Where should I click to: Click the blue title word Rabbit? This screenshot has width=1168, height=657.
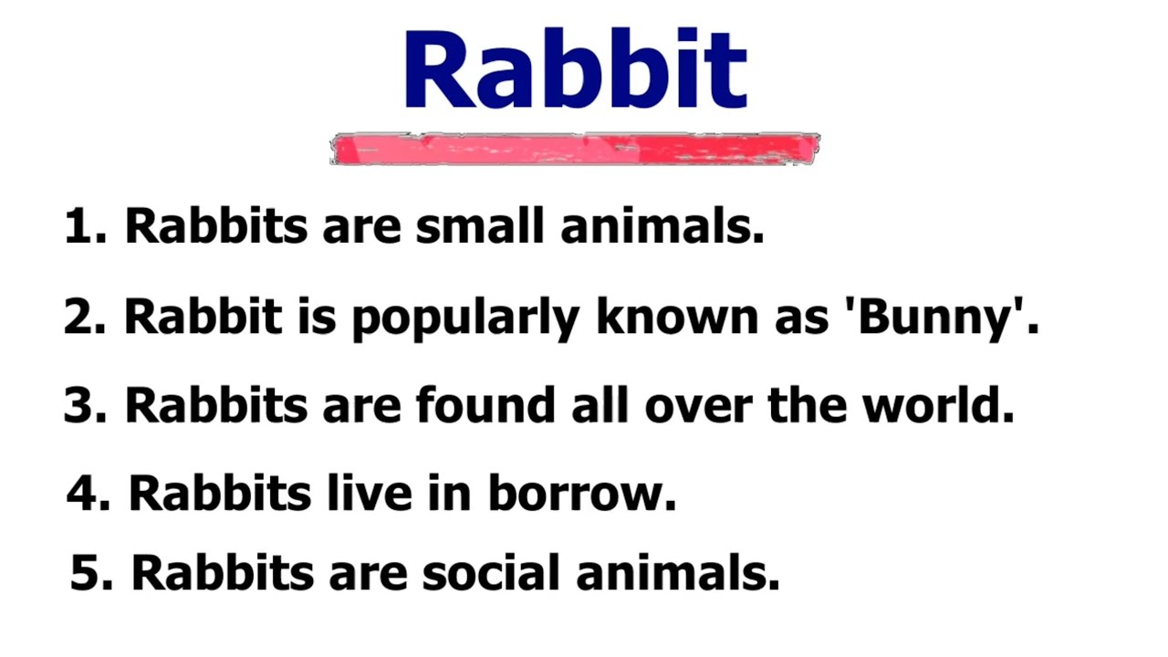(x=575, y=71)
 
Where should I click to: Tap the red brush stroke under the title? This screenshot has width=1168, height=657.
(x=575, y=149)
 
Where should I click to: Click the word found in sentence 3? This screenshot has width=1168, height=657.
(x=485, y=405)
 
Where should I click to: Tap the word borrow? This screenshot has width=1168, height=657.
(x=580, y=494)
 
